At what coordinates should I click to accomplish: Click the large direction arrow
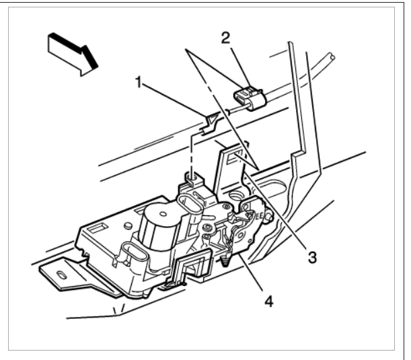tap(73, 51)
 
